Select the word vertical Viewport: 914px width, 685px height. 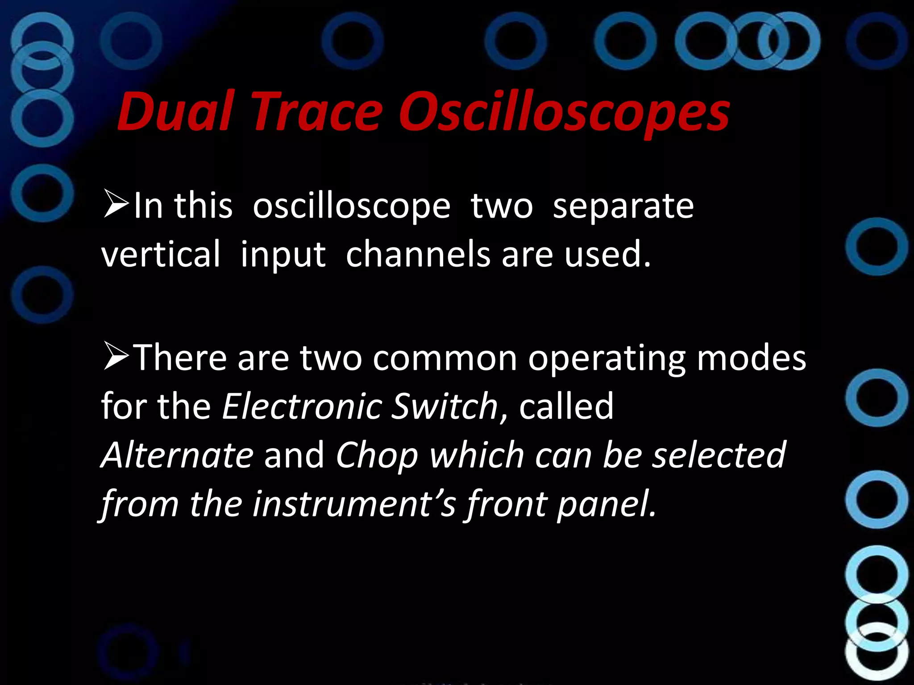161,254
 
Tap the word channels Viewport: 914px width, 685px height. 418,254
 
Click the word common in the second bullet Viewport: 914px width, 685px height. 445,359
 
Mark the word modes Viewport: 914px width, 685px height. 752,359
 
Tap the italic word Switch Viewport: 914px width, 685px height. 445,407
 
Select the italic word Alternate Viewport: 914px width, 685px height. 178,455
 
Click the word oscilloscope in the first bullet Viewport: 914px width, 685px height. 351,207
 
